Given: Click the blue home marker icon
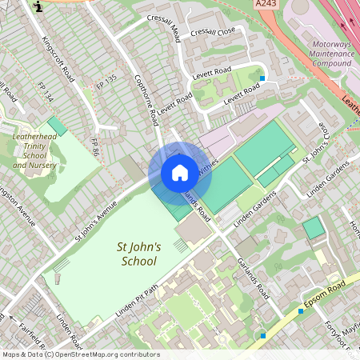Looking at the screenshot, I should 180,173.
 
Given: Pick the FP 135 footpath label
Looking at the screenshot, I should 106,81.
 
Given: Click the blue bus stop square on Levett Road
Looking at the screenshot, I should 262,78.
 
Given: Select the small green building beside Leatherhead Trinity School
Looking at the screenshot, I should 57,126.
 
